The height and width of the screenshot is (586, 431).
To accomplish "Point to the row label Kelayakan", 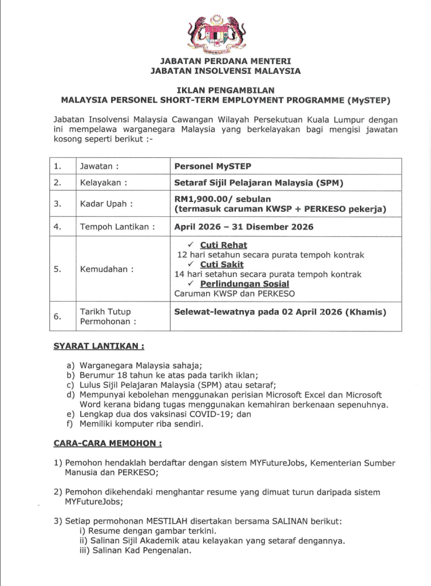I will [103, 184].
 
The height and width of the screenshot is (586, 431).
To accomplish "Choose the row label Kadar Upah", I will [102, 204].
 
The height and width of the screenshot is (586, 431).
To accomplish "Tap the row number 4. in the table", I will [57, 227].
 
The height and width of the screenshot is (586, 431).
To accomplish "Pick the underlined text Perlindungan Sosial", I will [244, 284].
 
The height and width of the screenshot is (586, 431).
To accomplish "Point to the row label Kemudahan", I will [104, 269].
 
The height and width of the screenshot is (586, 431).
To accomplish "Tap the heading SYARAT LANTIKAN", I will [98, 347].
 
